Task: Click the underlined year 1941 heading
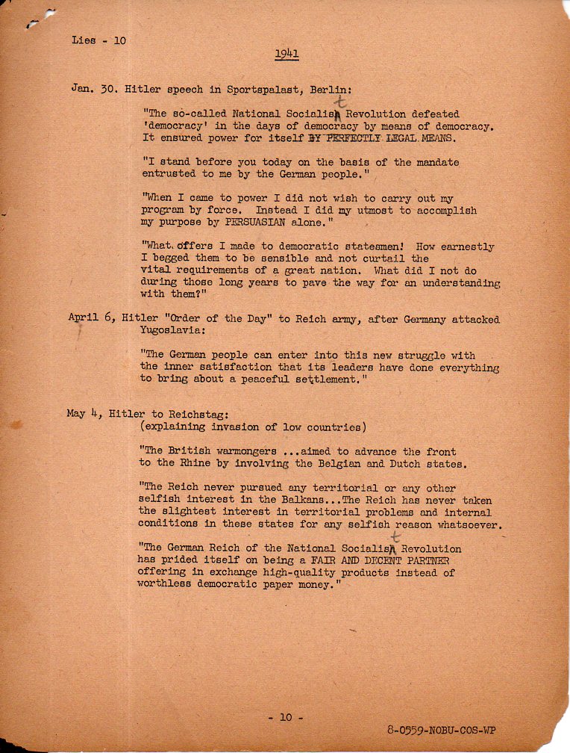click(286, 54)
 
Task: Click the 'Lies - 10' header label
click(99, 40)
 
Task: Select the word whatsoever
click(467, 524)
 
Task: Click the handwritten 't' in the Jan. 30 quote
click(342, 102)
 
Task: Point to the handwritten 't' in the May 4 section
click(395, 537)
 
